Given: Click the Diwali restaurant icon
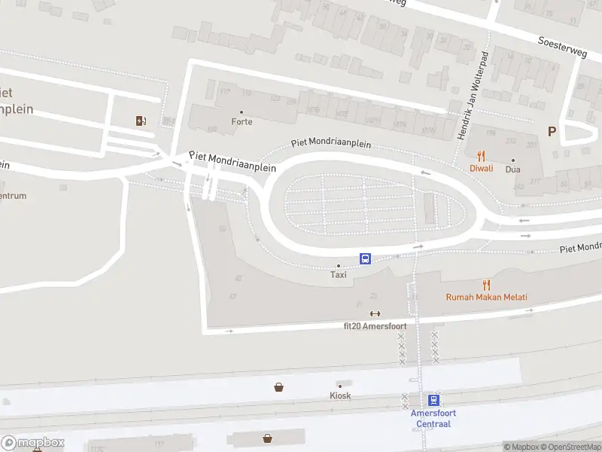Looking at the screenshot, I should [x=482, y=157].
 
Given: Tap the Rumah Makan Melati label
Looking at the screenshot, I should [x=486, y=298].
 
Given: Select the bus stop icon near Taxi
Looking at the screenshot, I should [x=366, y=258].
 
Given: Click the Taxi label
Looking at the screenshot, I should [x=339, y=275].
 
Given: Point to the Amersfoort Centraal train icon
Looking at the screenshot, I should [x=433, y=400].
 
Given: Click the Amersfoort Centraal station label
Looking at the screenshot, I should [x=433, y=418].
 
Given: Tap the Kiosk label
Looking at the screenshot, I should [x=340, y=395].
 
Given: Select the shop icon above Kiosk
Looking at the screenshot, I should [x=279, y=387].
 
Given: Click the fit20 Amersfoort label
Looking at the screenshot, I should [x=375, y=326].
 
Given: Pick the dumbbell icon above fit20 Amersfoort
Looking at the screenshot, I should [x=375, y=314].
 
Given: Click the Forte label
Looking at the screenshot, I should [x=242, y=121].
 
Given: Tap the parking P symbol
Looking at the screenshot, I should [x=552, y=132].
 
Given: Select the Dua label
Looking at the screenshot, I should [x=513, y=169].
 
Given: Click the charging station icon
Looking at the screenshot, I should [x=141, y=121].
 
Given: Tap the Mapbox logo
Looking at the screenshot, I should [x=33, y=443].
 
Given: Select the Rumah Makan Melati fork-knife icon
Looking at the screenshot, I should [x=486, y=285].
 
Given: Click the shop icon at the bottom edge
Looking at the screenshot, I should [x=267, y=438].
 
